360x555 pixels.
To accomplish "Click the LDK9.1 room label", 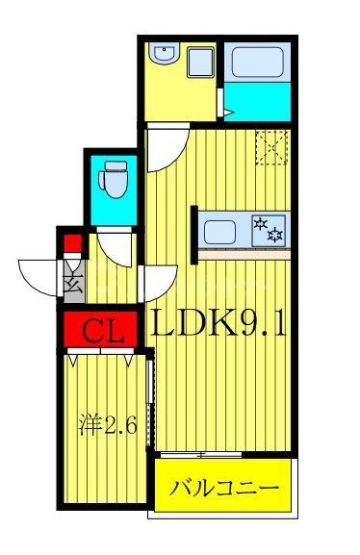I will [219, 327].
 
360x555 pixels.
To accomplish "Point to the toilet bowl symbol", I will [114, 179].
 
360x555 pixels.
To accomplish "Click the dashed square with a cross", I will [271, 146].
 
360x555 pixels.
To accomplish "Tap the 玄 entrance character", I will [73, 285].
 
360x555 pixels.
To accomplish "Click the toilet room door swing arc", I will [114, 248].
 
